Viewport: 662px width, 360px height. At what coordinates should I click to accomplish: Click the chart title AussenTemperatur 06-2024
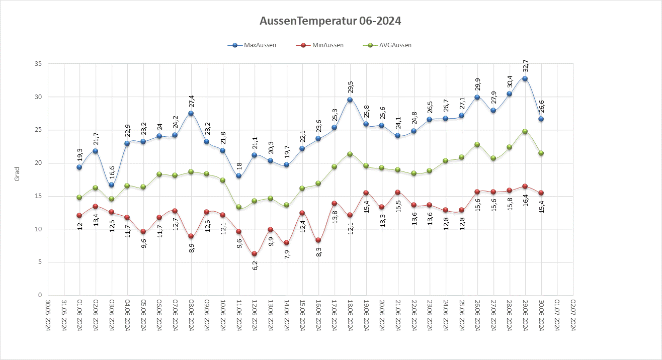point(330,21)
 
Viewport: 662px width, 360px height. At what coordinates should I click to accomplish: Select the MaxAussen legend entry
point(256,45)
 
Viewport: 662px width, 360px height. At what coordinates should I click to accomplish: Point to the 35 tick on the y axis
point(38,64)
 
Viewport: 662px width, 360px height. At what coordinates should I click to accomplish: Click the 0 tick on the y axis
point(40,295)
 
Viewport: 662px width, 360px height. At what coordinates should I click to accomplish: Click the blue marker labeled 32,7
point(525,78)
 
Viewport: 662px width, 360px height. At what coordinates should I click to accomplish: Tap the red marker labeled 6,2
point(255,254)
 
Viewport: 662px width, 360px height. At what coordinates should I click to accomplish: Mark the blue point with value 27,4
point(191,114)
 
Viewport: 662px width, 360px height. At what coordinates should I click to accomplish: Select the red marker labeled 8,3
point(318,240)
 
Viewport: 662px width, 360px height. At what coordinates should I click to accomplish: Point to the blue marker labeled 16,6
point(111,185)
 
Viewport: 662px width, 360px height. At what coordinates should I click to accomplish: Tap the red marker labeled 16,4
point(525,187)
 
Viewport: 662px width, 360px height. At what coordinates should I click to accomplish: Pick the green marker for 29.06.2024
point(525,131)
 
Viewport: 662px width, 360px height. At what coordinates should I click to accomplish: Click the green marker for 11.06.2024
point(238,207)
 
